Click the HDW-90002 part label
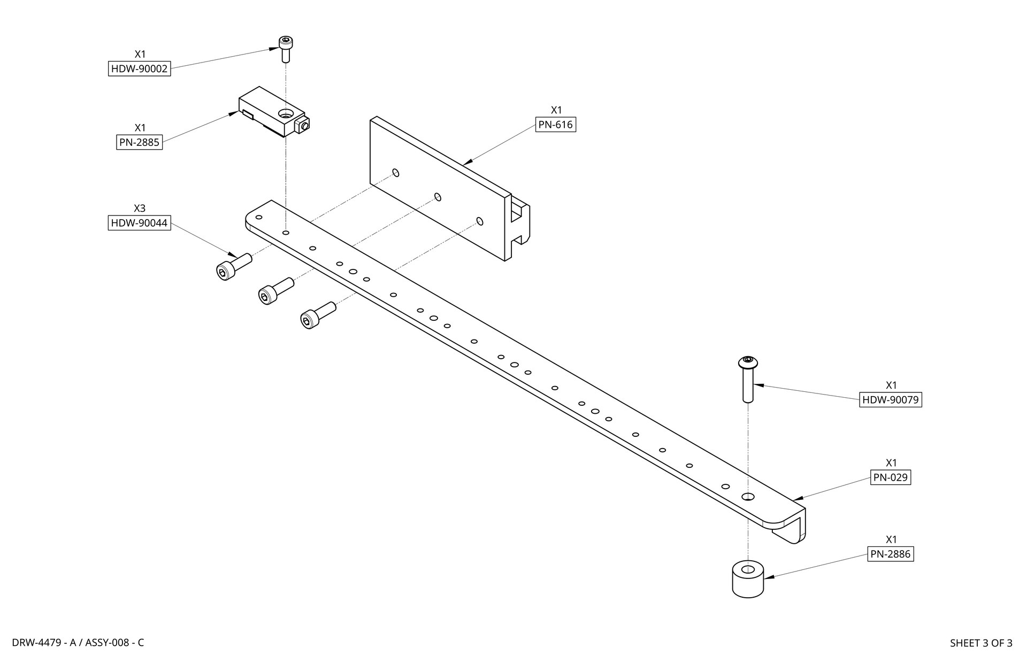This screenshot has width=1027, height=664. [x=139, y=69]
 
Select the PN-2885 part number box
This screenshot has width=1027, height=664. [x=139, y=142]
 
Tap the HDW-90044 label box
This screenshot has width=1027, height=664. [x=139, y=223]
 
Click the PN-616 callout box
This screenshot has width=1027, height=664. [x=556, y=125]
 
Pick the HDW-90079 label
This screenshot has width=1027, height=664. [x=891, y=400]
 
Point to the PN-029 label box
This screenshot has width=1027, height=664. [x=891, y=477]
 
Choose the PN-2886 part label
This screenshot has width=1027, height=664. [x=890, y=554]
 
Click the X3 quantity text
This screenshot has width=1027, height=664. [x=139, y=208]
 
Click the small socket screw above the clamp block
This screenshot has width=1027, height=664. [x=286, y=48]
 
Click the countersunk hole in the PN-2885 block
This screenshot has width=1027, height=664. [x=285, y=113]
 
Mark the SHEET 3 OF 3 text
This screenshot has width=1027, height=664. [x=980, y=643]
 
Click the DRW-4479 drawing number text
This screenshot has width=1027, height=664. [x=78, y=643]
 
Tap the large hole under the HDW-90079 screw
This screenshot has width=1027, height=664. [x=748, y=497]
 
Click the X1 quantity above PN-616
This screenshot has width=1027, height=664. [x=556, y=110]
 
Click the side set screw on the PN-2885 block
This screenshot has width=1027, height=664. [x=304, y=126]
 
